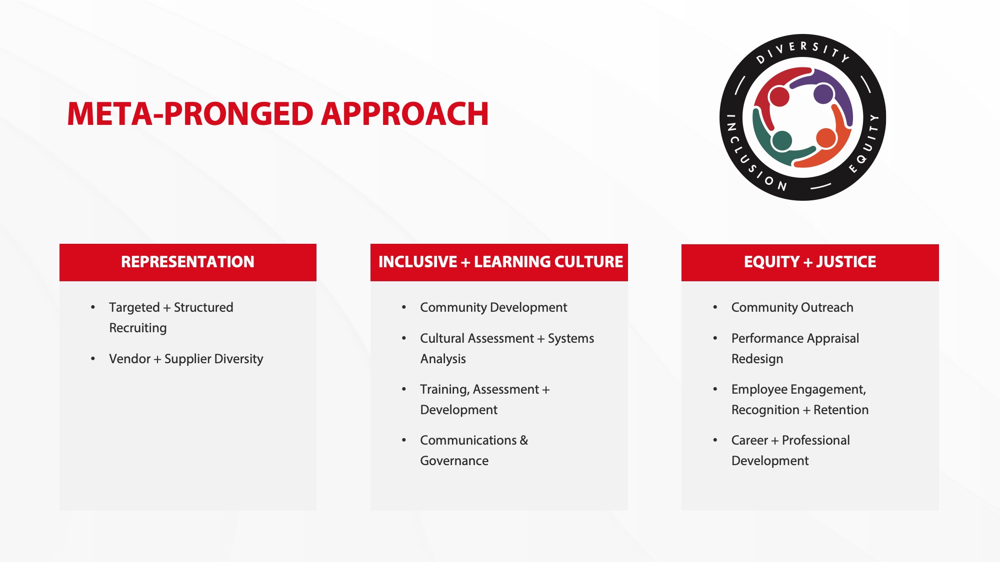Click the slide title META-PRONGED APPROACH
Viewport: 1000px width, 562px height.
click(x=277, y=114)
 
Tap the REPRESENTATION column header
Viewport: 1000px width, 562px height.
click(x=187, y=262)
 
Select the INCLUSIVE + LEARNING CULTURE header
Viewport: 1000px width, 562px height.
click(x=500, y=262)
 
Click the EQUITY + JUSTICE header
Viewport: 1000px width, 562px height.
click(x=809, y=262)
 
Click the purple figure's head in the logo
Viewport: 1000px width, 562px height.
click(x=823, y=93)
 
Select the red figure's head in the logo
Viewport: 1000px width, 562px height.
click(x=779, y=96)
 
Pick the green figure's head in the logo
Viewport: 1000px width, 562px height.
click(x=781, y=141)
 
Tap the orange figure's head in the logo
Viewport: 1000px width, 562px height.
click(x=826, y=138)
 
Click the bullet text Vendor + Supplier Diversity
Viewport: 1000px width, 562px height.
click(x=186, y=359)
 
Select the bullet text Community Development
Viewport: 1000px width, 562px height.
click(x=493, y=307)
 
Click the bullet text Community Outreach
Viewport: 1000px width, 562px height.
click(x=792, y=307)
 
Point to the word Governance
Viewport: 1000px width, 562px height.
click(x=454, y=461)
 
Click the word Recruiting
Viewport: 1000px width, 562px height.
click(x=138, y=328)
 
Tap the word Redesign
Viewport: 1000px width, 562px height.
click(x=757, y=359)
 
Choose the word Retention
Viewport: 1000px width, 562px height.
click(x=841, y=410)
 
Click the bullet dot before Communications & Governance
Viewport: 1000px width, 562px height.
click(x=404, y=440)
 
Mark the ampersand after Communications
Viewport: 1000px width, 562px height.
click(x=524, y=440)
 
